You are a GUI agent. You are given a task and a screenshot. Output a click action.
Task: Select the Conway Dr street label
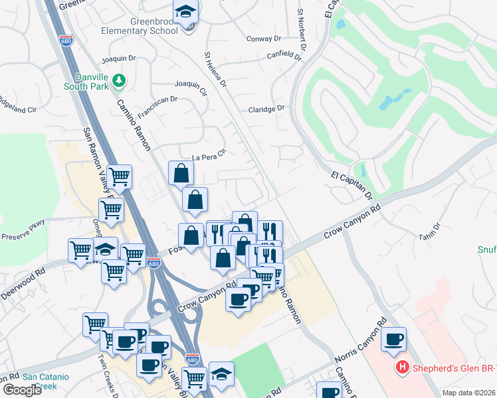(x=264, y=38)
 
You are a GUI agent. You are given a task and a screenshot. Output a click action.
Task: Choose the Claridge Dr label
(x=266, y=109)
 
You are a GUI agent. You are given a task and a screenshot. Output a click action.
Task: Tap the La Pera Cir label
(x=209, y=157)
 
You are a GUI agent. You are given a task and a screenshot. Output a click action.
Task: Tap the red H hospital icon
(x=401, y=366)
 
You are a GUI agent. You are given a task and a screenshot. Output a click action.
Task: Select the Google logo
(x=22, y=390)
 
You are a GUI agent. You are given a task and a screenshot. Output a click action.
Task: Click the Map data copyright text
(x=468, y=393)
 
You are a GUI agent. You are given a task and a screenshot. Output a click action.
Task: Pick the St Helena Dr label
(x=216, y=70)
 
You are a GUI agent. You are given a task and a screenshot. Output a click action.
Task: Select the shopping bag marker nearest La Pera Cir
(x=181, y=174)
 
